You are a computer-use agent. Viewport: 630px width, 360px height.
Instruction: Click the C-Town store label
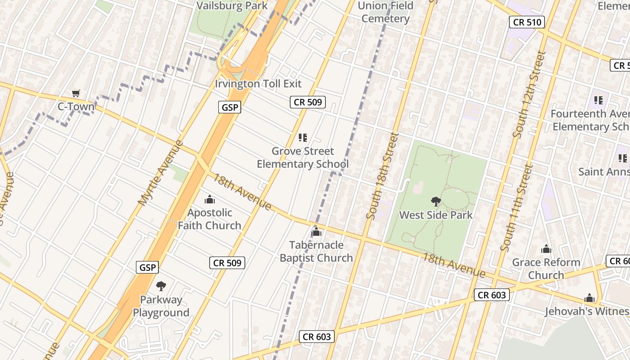click(x=76, y=107)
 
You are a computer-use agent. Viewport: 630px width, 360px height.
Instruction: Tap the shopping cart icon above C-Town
click(x=76, y=94)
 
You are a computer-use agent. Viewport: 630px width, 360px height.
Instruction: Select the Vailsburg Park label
click(x=232, y=6)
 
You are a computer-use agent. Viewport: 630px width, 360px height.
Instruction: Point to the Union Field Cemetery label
click(x=385, y=12)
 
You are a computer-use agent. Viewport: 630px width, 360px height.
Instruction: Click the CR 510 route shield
click(x=527, y=22)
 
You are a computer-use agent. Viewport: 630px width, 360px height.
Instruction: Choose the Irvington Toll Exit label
click(x=258, y=84)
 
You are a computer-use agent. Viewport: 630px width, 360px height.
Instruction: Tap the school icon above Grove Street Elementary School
click(x=303, y=138)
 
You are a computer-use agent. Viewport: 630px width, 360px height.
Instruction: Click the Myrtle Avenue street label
click(x=161, y=173)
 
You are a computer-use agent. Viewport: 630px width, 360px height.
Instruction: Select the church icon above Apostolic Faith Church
click(x=209, y=199)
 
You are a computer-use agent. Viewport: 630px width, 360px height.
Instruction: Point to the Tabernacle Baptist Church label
click(x=316, y=252)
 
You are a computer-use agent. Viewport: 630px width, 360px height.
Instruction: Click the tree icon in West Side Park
click(x=436, y=202)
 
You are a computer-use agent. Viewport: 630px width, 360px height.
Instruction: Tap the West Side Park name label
click(x=436, y=215)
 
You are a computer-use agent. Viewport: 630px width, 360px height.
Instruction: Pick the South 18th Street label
click(x=382, y=175)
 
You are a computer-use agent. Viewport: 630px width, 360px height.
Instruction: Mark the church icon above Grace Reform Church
click(x=546, y=249)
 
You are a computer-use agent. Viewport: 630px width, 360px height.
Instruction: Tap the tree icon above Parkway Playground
click(x=161, y=286)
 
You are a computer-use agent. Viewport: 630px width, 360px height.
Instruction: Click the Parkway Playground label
click(x=161, y=306)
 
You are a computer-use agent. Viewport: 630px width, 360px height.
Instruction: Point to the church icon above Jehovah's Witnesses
click(x=589, y=298)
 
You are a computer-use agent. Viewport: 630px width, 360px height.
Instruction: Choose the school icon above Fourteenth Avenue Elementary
click(x=598, y=100)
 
